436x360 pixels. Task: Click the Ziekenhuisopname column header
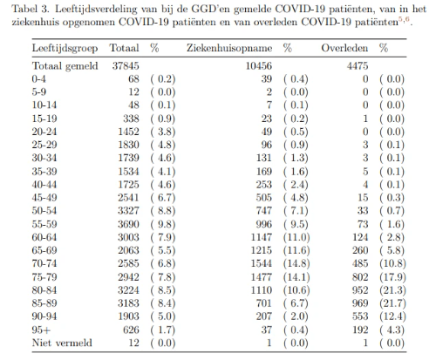pos(229,48)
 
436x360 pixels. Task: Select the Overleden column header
pos(344,48)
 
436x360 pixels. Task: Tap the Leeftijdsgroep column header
pos(65,48)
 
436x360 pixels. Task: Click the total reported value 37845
pos(126,66)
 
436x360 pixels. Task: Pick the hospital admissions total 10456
pos(259,66)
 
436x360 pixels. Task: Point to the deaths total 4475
pos(358,66)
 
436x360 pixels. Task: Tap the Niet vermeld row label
pos(62,343)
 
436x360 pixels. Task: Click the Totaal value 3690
pos(128,224)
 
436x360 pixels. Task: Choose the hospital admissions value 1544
pos(262,263)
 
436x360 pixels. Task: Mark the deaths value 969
pos(360,303)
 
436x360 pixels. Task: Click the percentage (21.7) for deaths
pos(392,303)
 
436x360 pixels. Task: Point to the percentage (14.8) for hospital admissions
pos(296,263)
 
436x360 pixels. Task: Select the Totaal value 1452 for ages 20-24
pos(128,132)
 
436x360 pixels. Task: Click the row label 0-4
pos(38,79)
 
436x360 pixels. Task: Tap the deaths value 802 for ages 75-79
pos(360,277)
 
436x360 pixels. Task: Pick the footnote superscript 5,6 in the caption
pos(404,19)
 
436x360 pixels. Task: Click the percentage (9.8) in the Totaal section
pos(163,224)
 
